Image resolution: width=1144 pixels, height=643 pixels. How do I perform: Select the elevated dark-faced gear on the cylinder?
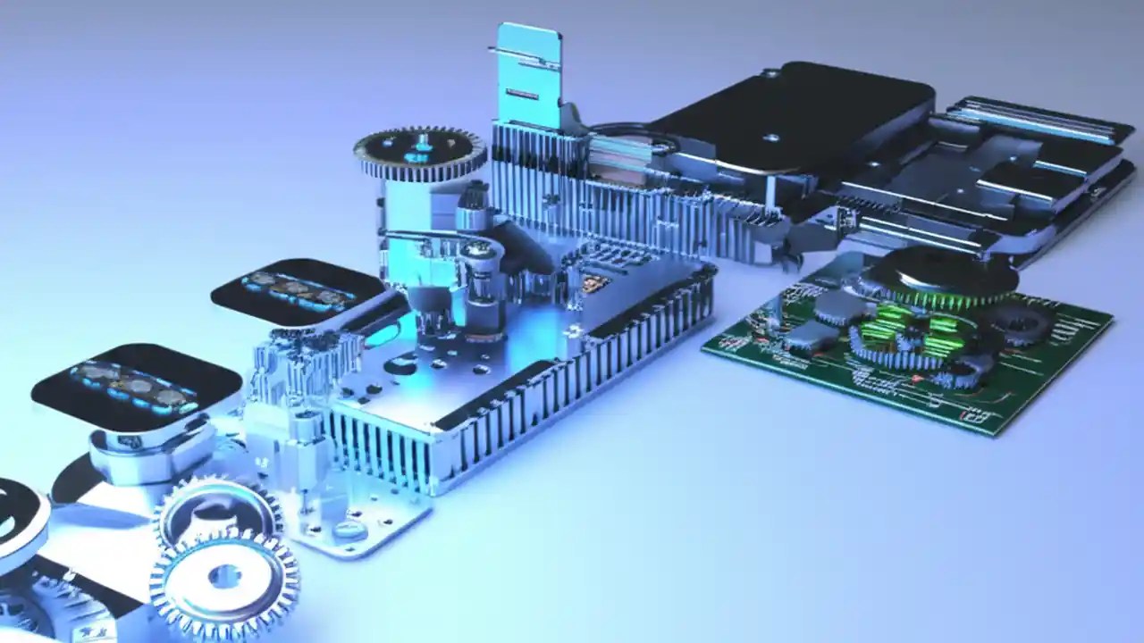click(419, 152)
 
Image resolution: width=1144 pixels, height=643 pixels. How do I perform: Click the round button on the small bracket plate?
click(349, 530)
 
